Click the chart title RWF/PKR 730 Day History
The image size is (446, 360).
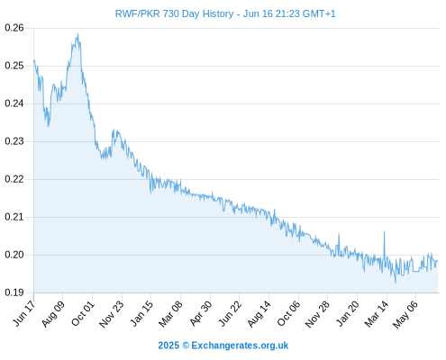coord(174,13)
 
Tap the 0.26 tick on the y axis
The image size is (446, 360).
coord(14,28)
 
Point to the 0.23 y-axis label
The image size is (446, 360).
coord(14,141)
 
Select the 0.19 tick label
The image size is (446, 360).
coord(14,292)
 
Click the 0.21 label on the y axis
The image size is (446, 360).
coord(14,217)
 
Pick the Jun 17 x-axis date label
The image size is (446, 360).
coord(23,313)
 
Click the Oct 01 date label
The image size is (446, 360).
coord(83,313)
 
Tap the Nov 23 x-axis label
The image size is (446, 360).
coord(111,314)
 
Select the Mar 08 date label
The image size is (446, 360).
coord(170,314)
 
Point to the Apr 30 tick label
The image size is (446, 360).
coord(200,313)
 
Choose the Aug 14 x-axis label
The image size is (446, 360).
coord(259,314)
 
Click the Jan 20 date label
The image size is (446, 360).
coord(348,313)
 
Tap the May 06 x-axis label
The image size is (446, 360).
coord(405,314)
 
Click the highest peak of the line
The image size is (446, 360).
coord(78,34)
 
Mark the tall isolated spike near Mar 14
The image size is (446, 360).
coord(384,232)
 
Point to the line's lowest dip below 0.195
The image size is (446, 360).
coord(396,283)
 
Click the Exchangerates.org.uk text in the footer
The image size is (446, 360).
coord(240,346)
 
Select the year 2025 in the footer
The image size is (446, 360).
coord(168,346)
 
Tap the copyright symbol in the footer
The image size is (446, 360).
coord(186,346)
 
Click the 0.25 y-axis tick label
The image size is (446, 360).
coord(14,66)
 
